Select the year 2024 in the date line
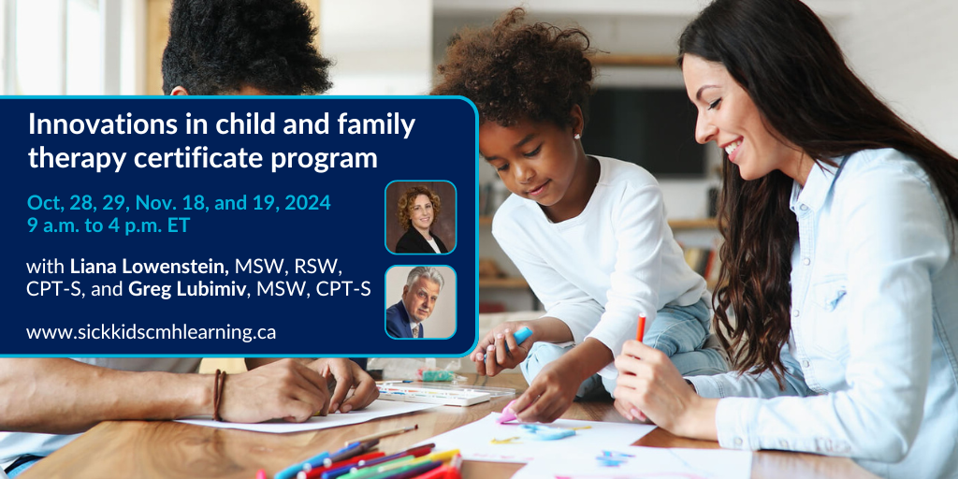[309, 202]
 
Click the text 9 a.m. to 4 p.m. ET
[109, 225]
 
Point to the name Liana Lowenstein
[150, 267]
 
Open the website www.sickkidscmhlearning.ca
[151, 332]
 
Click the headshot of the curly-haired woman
[420, 217]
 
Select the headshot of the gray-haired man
[420, 302]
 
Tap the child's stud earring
[575, 136]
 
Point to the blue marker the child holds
[520, 337]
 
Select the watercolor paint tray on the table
[439, 392]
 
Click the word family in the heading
[380, 125]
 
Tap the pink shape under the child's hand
[507, 415]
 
